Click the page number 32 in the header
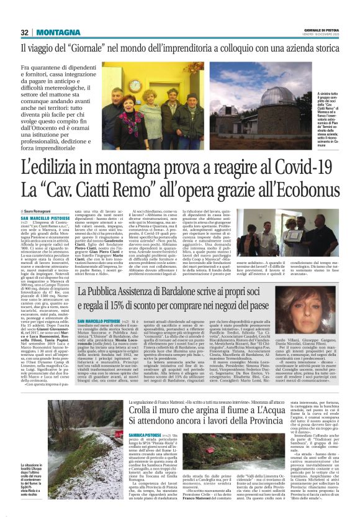24,33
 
